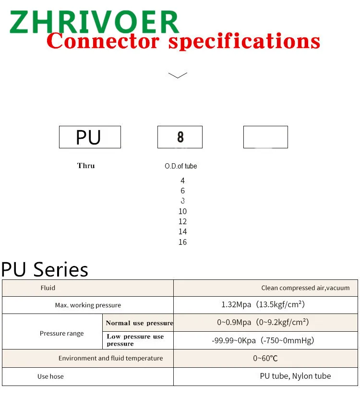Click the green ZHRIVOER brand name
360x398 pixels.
[x=94, y=22]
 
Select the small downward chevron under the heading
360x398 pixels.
[x=178, y=75]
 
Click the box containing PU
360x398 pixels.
[x=90, y=137]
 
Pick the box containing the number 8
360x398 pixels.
[x=180, y=137]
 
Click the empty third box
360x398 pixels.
[x=265, y=137]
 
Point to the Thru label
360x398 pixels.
[x=86, y=166]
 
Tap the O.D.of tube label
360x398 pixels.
[x=181, y=166]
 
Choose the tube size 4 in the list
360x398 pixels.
[x=182, y=181]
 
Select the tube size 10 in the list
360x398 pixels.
[x=182, y=211]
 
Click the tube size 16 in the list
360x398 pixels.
[x=182, y=242]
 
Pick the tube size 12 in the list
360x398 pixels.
[x=182, y=221]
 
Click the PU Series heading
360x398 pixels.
[x=45, y=269]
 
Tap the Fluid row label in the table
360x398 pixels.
[x=48, y=288]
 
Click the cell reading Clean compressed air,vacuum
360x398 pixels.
[x=305, y=288]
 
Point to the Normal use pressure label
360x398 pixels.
[x=139, y=323]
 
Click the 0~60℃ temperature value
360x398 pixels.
[x=265, y=358]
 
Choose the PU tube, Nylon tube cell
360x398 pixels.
[x=295, y=376]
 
